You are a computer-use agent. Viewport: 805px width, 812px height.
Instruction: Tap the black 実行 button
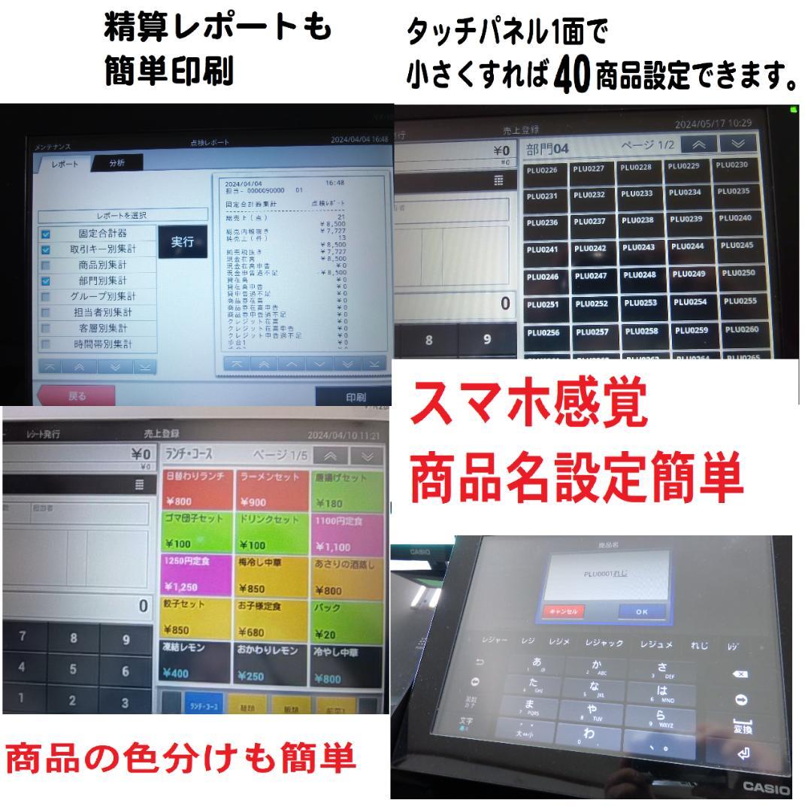(x=182, y=241)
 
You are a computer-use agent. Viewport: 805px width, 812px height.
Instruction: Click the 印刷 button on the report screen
(x=355, y=396)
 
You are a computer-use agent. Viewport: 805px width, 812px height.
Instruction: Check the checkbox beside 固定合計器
(x=47, y=234)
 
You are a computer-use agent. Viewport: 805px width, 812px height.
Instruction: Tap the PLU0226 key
(x=543, y=169)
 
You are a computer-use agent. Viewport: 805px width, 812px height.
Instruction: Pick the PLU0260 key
(x=740, y=329)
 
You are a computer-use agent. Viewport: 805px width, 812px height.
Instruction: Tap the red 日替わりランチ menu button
(x=195, y=488)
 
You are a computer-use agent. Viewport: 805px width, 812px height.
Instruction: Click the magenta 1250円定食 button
(x=195, y=574)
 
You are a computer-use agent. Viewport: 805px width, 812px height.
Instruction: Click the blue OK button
(x=641, y=611)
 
